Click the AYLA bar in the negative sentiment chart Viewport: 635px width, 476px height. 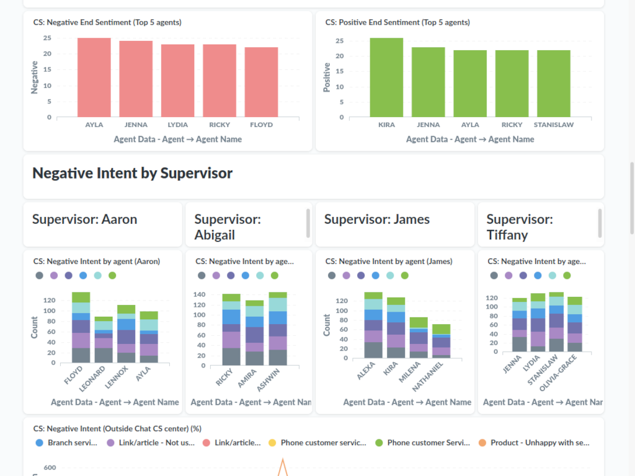tap(94, 77)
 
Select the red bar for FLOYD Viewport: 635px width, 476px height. tap(261, 82)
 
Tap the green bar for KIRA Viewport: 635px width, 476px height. tap(386, 77)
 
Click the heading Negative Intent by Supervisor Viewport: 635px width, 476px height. tap(132, 174)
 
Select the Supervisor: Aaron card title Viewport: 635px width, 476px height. tap(84, 219)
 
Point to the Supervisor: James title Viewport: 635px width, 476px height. tap(376, 219)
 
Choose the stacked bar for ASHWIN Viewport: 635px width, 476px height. tap(278, 328)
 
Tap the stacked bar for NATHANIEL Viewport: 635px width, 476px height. tap(442, 341)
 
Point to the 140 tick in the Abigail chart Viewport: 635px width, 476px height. tap(199, 294)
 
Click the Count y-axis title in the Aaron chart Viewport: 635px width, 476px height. tap(35, 327)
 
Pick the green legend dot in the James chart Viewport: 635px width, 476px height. tap(405, 275)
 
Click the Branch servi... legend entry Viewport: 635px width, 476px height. tap(67, 443)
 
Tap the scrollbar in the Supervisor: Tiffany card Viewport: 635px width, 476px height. tap(600, 223)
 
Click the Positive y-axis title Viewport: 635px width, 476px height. tap(327, 77)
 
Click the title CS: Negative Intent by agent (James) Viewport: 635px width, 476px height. tap(389, 262)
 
